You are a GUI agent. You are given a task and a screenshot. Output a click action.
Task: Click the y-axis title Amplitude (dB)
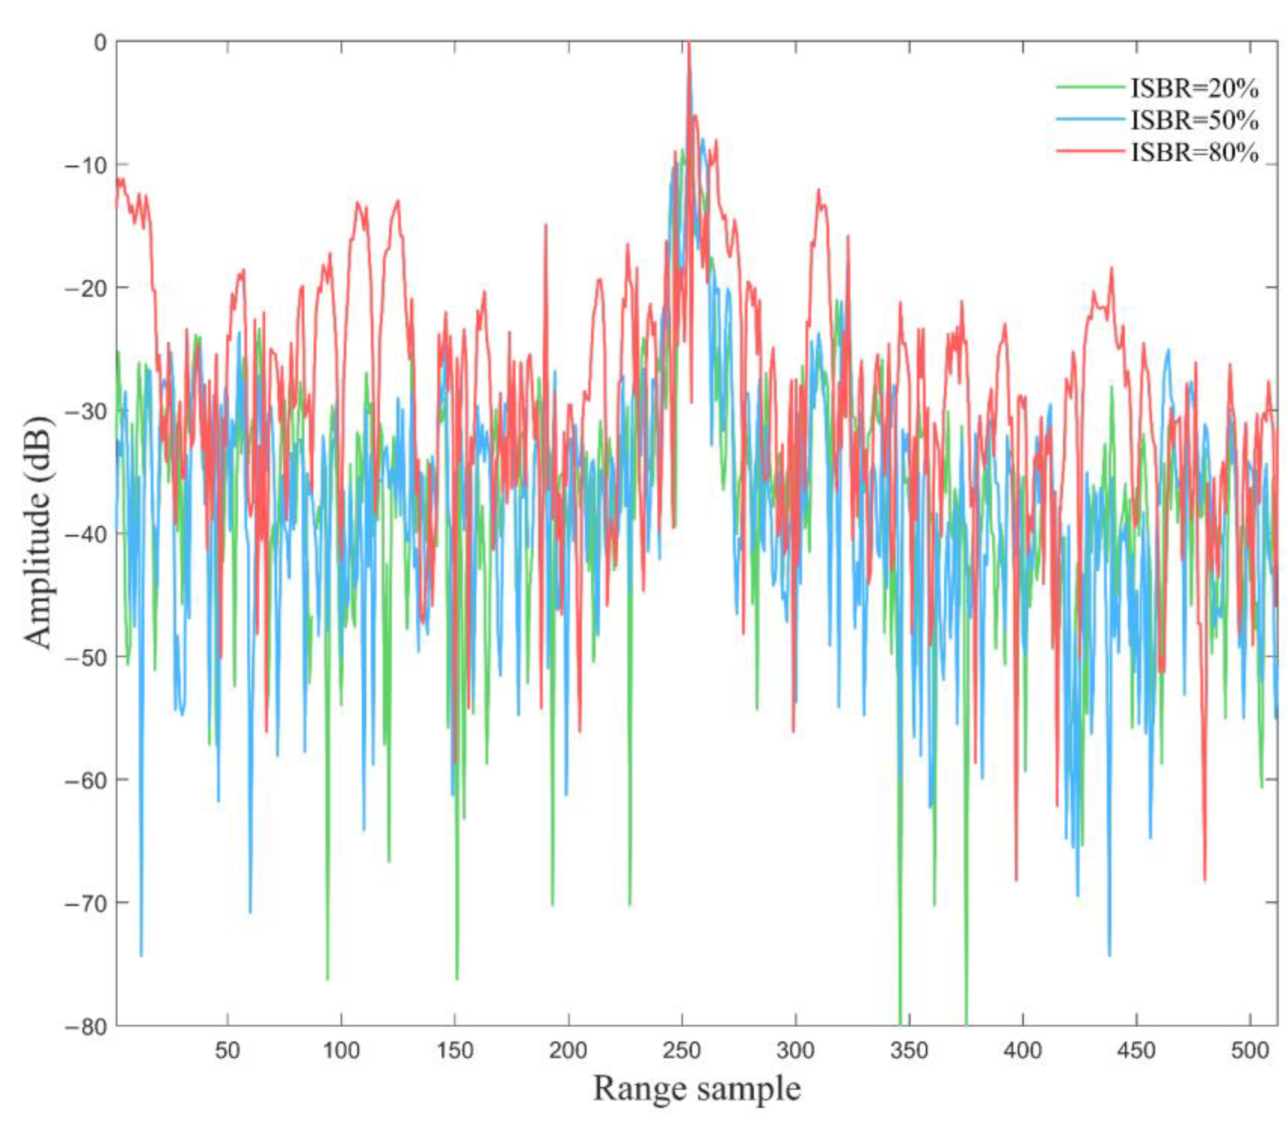click(x=39, y=532)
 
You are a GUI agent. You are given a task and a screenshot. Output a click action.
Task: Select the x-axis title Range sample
click(x=696, y=1088)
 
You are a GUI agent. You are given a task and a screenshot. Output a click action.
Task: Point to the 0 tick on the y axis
click(x=100, y=43)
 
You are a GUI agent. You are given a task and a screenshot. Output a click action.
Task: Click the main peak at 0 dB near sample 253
click(x=689, y=44)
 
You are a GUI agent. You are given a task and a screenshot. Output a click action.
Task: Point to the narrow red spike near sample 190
click(x=546, y=225)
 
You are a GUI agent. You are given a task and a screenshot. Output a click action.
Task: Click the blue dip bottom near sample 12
click(x=142, y=955)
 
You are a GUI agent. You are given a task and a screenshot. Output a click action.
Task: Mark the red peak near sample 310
click(x=818, y=190)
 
